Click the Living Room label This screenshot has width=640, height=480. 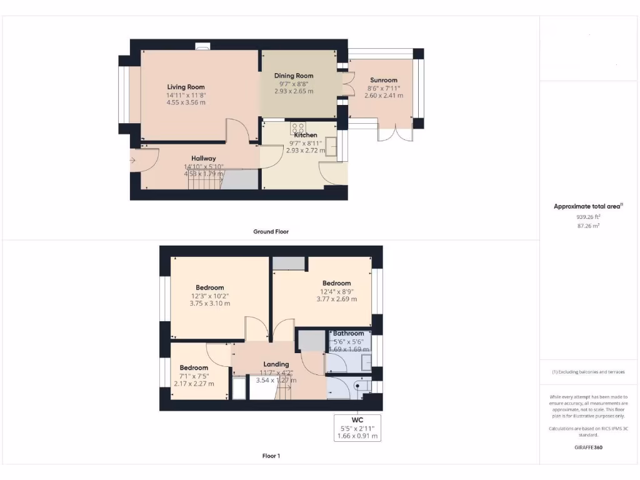click(186, 87)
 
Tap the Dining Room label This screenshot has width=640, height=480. click(294, 76)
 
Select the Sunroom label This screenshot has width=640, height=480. click(383, 80)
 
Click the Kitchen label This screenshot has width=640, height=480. click(306, 135)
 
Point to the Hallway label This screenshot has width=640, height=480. click(204, 158)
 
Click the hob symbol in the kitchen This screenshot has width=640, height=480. click(298, 127)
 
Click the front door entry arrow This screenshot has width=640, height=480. click(132, 161)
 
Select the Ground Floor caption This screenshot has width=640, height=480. click(271, 231)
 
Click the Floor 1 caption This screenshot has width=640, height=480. click(271, 456)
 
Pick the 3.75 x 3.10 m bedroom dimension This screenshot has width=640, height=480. click(210, 304)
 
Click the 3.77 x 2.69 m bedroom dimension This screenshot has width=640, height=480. click(336, 299)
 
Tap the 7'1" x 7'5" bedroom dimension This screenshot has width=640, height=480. click(194, 376)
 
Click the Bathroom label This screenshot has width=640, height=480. click(348, 333)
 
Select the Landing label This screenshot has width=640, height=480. click(276, 364)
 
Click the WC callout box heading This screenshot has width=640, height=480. click(357, 419)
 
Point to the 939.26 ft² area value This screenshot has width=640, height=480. click(588, 217)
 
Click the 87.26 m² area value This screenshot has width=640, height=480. click(588, 226)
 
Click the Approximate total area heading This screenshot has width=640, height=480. click(587, 206)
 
